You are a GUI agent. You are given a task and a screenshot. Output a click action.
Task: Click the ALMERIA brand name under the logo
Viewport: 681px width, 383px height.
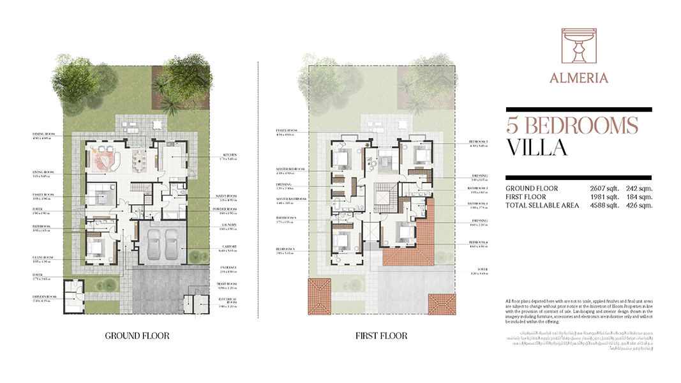pyautogui.click(x=579, y=78)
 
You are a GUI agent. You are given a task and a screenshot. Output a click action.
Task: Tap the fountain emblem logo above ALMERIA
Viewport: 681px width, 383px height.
pyautogui.click(x=579, y=47)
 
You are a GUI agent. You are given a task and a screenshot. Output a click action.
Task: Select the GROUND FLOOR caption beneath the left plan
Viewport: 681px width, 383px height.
pyautogui.click(x=137, y=336)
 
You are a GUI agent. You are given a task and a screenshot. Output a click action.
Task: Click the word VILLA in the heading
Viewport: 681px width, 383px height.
pyautogui.click(x=537, y=147)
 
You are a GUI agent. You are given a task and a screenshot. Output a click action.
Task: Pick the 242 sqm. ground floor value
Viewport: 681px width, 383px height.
pyautogui.click(x=640, y=189)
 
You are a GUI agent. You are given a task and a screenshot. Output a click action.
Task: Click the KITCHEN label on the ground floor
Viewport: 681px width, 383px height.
pyautogui.click(x=230, y=155)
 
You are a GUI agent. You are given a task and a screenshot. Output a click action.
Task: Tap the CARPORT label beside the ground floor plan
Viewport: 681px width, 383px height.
pyautogui.click(x=230, y=246)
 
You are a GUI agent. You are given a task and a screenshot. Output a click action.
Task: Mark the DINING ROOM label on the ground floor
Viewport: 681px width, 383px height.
pyautogui.click(x=45, y=134)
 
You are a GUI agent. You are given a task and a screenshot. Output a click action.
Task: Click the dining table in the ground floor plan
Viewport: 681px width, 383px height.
pyautogui.click(x=138, y=160)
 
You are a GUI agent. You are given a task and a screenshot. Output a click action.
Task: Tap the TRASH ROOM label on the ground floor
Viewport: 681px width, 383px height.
pyautogui.click(x=228, y=285)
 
